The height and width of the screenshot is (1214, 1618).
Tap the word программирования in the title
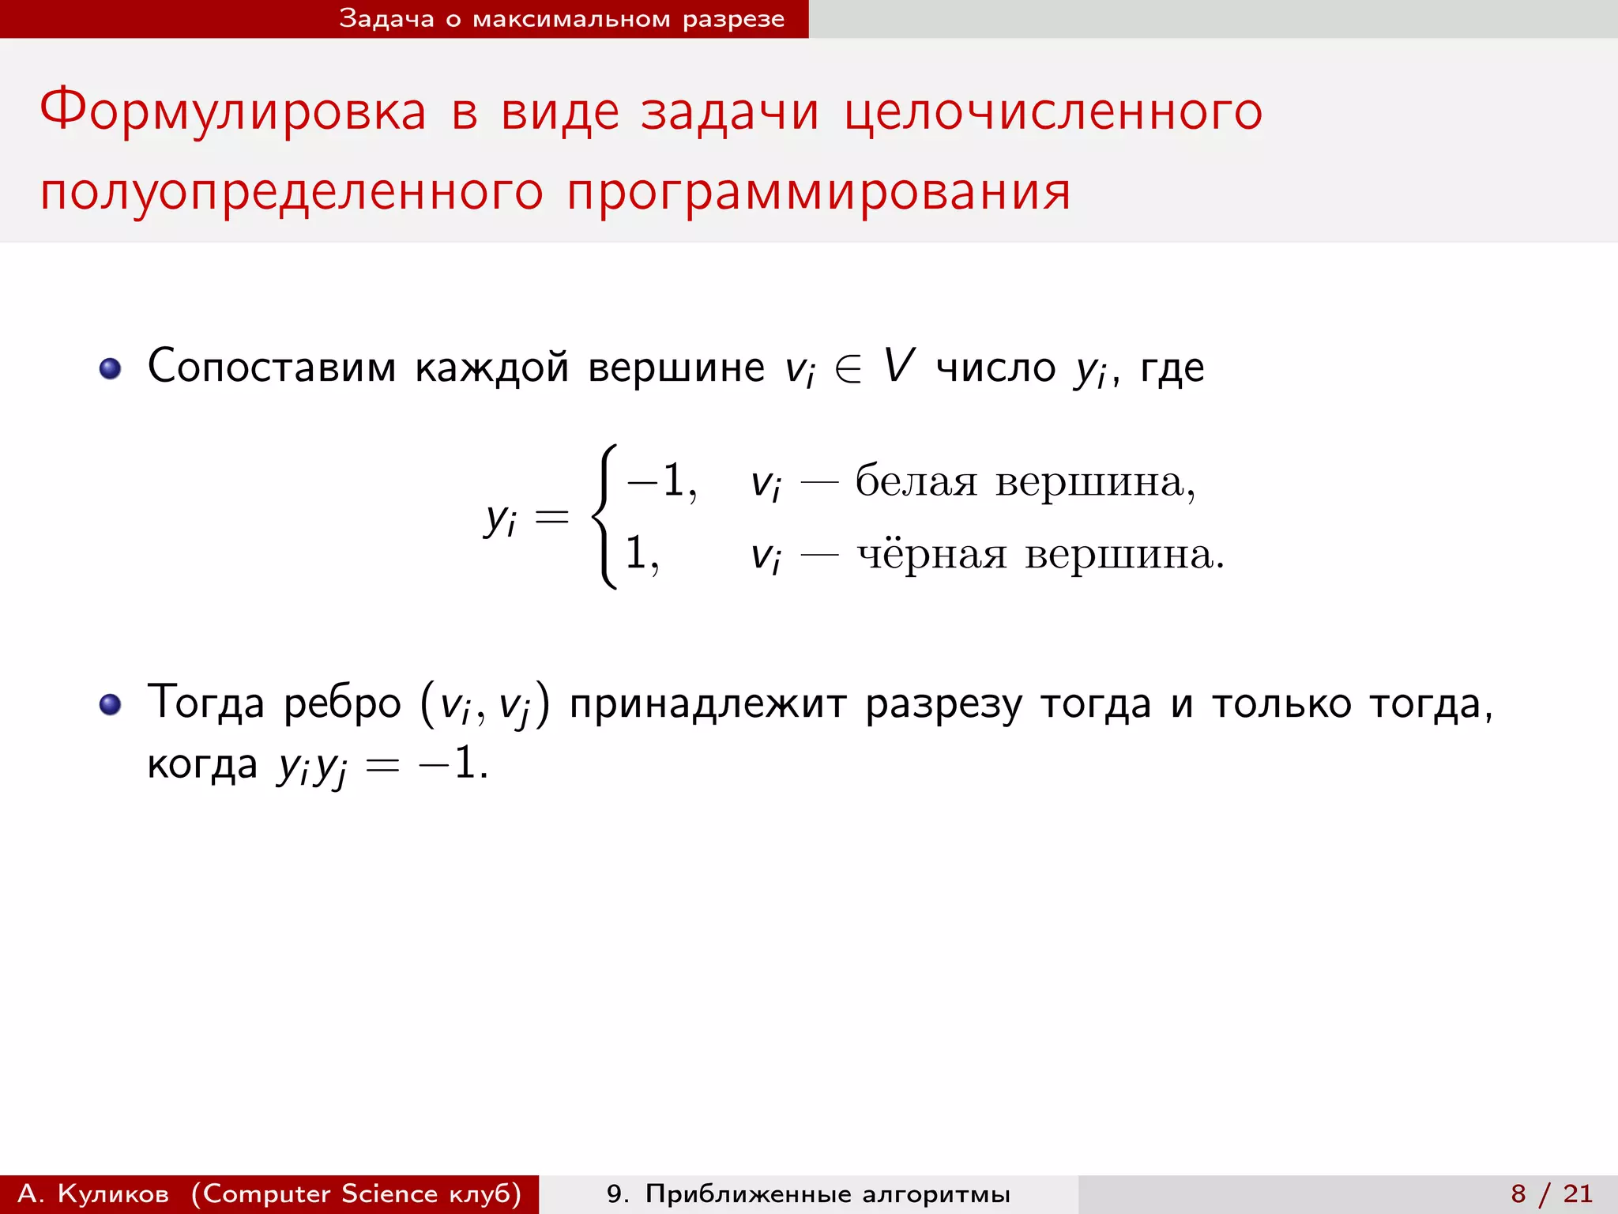(x=818, y=194)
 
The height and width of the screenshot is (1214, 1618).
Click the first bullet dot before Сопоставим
(x=111, y=368)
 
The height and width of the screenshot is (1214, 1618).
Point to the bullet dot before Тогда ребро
(x=111, y=704)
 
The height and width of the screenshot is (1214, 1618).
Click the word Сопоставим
(x=272, y=368)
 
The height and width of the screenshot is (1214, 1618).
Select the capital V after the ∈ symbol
(x=898, y=366)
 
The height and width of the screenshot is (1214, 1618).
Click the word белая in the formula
(x=916, y=481)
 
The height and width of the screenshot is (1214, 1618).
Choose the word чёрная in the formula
(x=932, y=554)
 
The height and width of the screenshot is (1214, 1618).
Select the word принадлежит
(x=707, y=704)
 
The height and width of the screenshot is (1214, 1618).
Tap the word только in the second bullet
(x=1281, y=704)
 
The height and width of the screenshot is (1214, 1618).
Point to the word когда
(x=202, y=764)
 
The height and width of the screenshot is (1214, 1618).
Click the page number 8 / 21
(x=1552, y=1193)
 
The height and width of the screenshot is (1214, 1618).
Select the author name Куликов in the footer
(x=113, y=1193)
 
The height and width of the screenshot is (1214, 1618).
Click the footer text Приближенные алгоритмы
(x=827, y=1193)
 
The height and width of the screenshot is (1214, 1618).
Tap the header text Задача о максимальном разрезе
(x=562, y=18)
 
